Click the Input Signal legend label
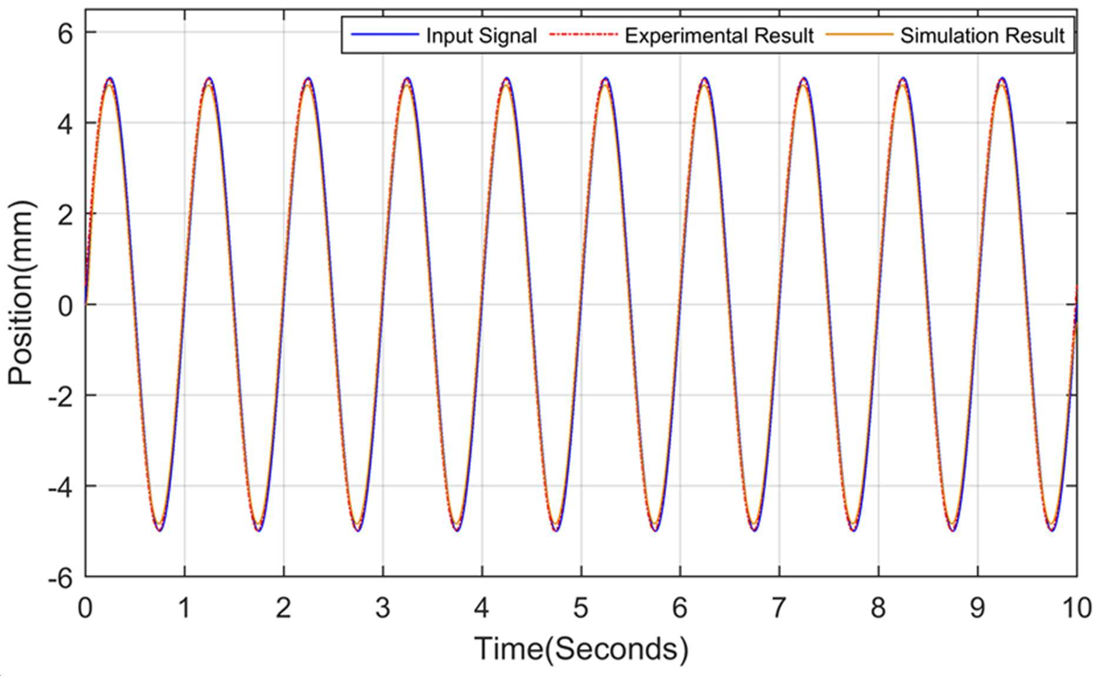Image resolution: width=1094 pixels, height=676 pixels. [x=481, y=36]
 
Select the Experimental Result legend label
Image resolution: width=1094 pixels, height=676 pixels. [x=719, y=36]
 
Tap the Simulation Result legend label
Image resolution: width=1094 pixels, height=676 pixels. [x=982, y=36]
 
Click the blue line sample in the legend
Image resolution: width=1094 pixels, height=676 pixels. [x=384, y=35]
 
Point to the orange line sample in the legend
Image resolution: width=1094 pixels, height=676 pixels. [x=859, y=35]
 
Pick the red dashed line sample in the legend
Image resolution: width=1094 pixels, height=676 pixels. [x=583, y=35]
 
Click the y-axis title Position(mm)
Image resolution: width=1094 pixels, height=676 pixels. [x=22, y=293]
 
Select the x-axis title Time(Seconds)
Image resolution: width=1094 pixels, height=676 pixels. [x=581, y=649]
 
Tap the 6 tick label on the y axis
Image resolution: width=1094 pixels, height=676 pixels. [x=65, y=34]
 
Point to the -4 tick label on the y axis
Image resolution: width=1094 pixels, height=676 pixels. [x=61, y=488]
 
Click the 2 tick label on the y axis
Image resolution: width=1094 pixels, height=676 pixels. [x=65, y=215]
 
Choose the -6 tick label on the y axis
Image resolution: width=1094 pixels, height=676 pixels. [x=61, y=578]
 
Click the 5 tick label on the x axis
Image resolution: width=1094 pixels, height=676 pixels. [x=581, y=608]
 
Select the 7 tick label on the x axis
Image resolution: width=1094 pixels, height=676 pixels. [x=779, y=608]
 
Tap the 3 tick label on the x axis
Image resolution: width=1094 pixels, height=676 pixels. [x=383, y=608]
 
